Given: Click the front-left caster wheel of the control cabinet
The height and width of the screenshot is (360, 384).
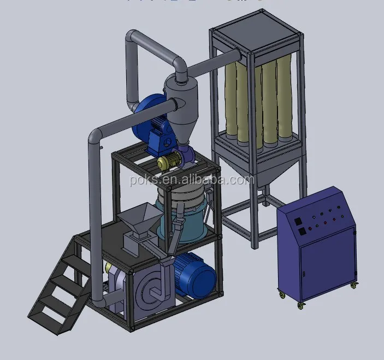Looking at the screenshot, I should (x=282, y=296).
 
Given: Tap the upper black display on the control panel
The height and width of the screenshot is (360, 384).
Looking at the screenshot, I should (x=299, y=221).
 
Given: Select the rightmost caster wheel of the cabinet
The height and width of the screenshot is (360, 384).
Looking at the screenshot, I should (x=355, y=285).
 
